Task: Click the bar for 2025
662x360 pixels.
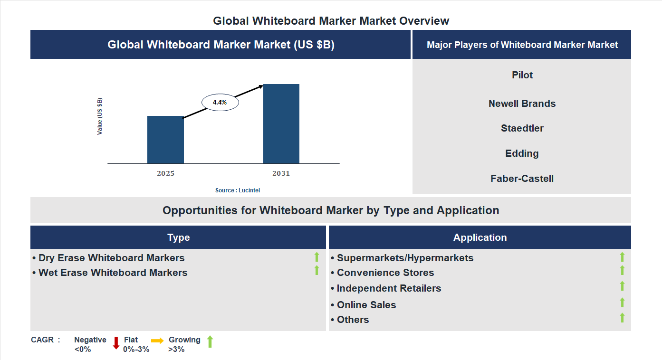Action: point(165,140)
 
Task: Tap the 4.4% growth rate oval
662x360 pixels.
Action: point(220,102)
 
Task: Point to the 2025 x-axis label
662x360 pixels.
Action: point(165,173)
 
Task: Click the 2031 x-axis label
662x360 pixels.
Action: point(281,173)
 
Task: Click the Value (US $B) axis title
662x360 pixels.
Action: point(100,116)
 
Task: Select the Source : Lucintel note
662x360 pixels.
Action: point(238,190)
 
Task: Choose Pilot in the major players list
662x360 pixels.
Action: point(522,75)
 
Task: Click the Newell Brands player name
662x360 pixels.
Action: point(522,104)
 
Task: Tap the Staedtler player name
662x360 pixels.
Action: point(522,128)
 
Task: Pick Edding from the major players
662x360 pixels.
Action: point(522,153)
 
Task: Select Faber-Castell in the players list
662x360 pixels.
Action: point(522,179)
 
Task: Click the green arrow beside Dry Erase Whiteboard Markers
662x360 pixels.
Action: point(317,257)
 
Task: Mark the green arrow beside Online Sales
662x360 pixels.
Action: point(622,303)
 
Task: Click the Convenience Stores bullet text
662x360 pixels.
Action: point(385,273)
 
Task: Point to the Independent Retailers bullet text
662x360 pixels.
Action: point(389,288)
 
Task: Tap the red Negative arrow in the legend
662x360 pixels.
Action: point(116,342)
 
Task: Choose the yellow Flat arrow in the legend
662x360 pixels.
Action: point(157,341)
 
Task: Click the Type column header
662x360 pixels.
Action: point(178,237)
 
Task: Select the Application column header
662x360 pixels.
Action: point(480,237)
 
